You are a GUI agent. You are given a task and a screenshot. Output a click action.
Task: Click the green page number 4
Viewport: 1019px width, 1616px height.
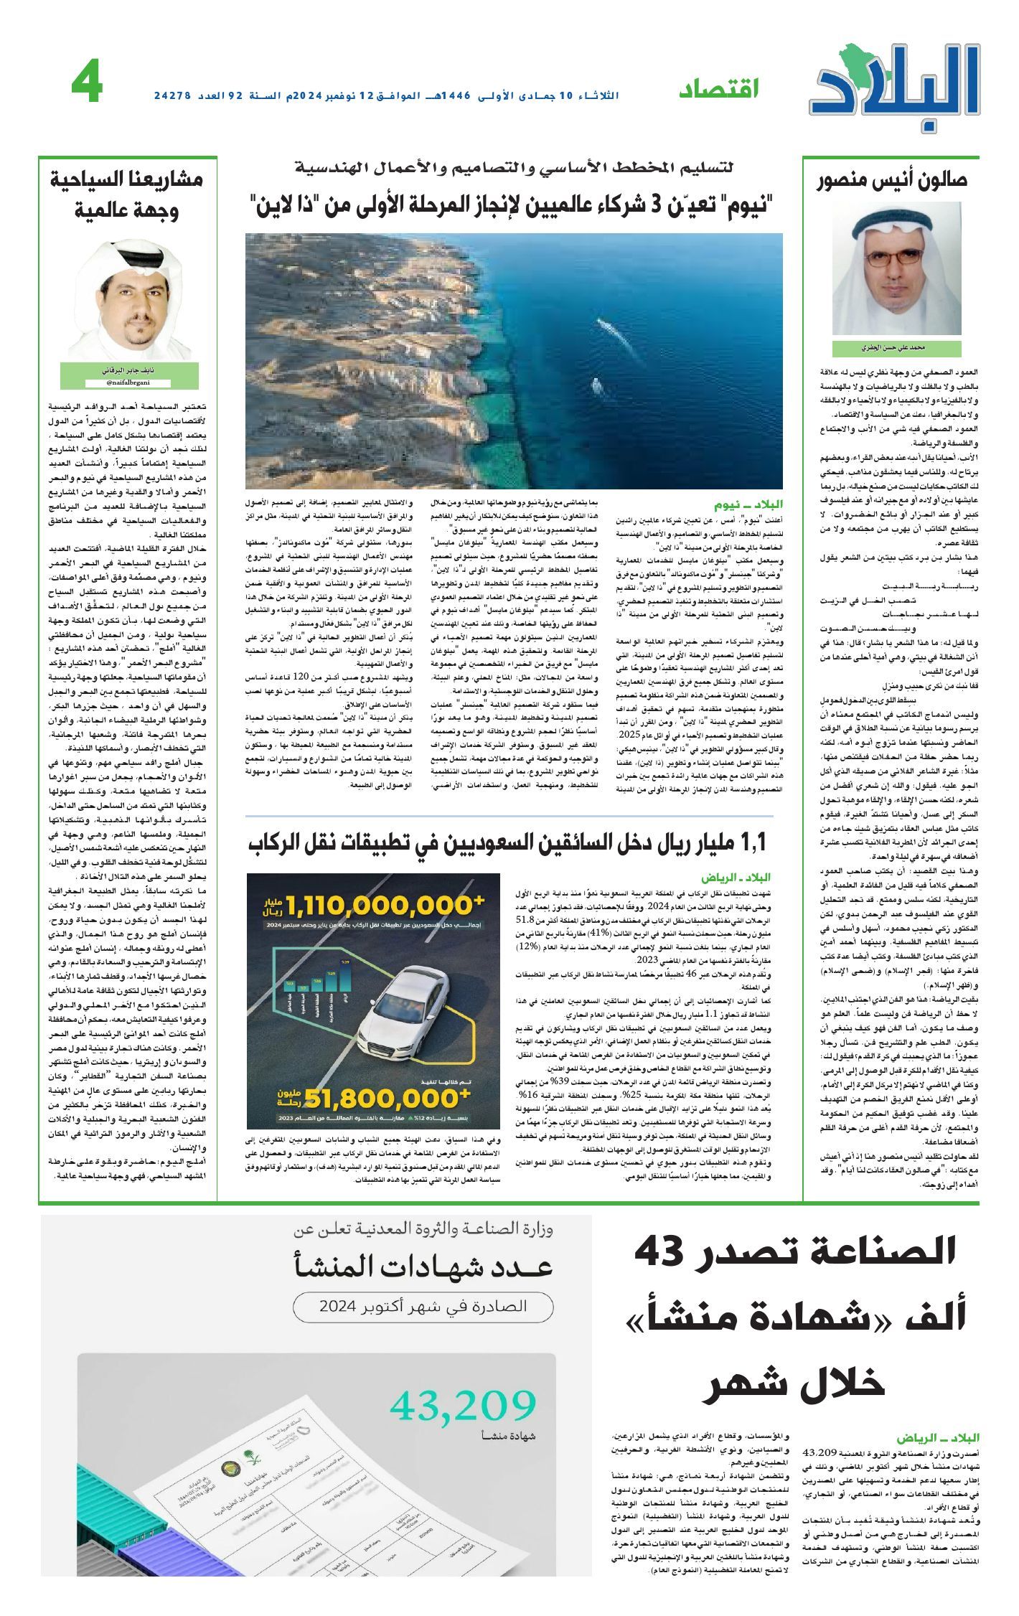[87, 85]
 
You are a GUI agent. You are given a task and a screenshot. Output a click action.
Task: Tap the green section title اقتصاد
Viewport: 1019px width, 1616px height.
[718, 89]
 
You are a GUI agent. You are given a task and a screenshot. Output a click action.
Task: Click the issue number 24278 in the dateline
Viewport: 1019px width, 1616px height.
[173, 95]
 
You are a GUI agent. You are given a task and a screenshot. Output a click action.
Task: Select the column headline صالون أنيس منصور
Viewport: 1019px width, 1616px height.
[893, 180]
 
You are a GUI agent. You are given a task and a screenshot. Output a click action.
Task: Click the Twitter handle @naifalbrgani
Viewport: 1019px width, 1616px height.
[129, 383]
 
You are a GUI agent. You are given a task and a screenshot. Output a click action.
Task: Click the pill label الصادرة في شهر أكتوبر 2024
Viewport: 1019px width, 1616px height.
[423, 1305]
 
